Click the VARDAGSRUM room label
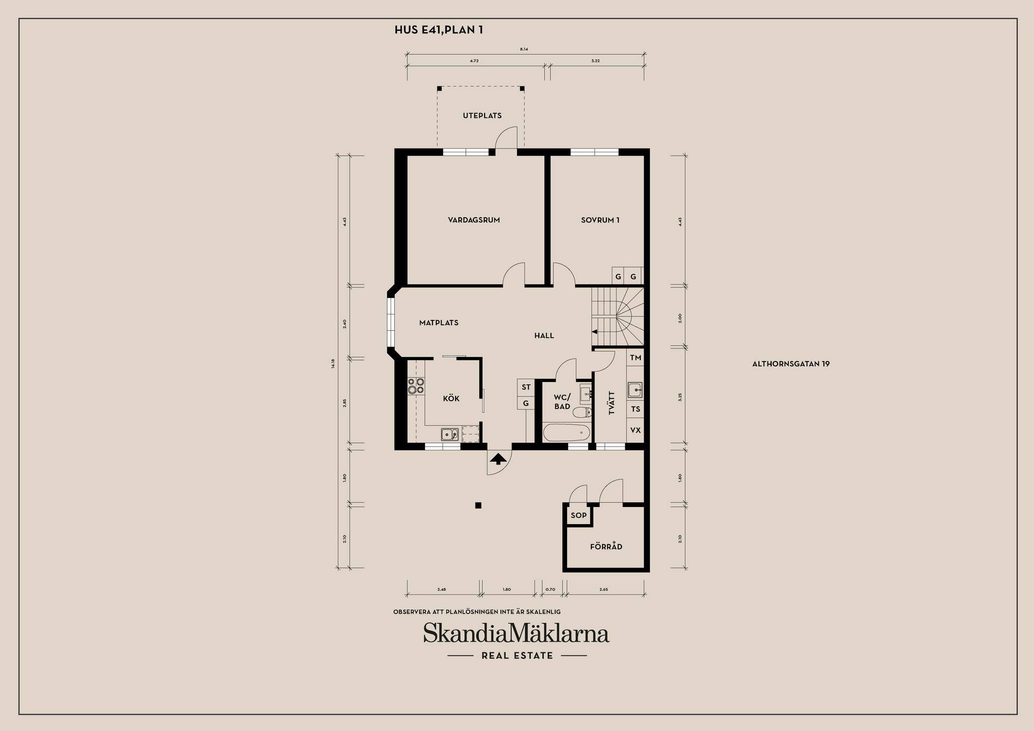(474, 220)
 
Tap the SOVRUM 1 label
(600, 220)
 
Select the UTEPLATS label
(482, 115)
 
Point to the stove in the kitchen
(416, 386)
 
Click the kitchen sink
(449, 433)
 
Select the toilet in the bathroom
(582, 413)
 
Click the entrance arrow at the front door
(498, 459)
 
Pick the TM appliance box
(635, 358)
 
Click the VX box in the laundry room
(635, 430)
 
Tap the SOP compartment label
(578, 516)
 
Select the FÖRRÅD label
(606, 546)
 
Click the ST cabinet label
(526, 387)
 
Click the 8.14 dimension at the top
(524, 49)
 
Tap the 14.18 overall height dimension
(333, 363)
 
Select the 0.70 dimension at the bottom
(550, 589)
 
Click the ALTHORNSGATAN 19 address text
(791, 364)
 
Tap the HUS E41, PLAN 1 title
(438, 30)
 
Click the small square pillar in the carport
(478, 505)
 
